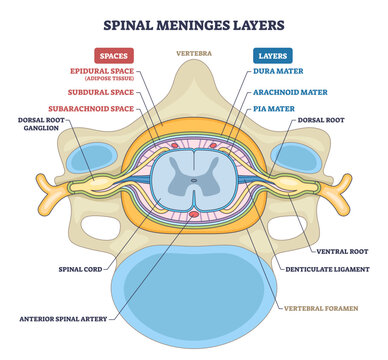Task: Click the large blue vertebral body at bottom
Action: pos(194,290)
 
